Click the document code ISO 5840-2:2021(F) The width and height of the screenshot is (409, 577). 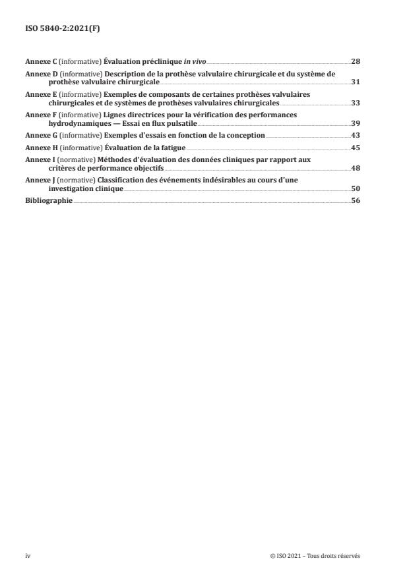57,29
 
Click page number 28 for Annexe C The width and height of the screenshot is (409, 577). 355,61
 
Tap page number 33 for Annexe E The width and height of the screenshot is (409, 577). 355,103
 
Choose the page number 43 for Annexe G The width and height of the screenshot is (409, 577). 355,135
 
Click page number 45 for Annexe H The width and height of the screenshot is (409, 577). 355,148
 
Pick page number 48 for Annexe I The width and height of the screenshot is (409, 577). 355,168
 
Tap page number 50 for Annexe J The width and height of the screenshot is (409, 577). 355,188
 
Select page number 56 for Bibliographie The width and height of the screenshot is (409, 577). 355,200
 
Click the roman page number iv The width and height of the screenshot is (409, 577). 28,556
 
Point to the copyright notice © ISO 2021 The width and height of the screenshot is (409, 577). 315,556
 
